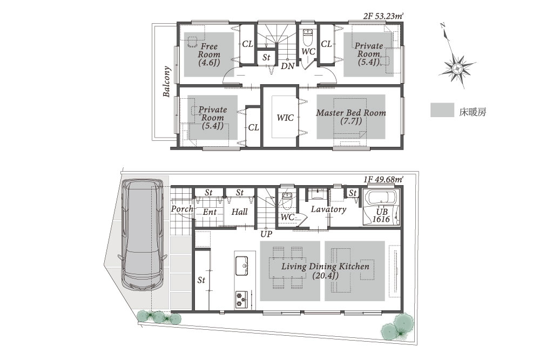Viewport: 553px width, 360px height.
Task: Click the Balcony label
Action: point(166,81)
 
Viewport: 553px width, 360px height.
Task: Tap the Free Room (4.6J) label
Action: point(209,55)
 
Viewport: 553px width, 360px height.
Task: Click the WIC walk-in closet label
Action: point(285,118)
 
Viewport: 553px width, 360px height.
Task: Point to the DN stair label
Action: point(287,66)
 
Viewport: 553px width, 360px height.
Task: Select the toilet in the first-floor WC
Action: point(286,199)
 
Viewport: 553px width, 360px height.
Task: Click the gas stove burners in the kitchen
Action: point(241,300)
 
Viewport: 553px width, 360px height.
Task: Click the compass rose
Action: point(457,68)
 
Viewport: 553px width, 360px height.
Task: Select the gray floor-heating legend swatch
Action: point(442,110)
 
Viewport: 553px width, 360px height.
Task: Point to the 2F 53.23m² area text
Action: point(383,16)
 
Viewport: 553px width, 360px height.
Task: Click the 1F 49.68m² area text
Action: point(384,180)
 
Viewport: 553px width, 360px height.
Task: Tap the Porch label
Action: point(183,209)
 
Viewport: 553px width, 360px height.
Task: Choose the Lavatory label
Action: point(328,209)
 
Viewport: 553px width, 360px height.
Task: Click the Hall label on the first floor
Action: point(239,212)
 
